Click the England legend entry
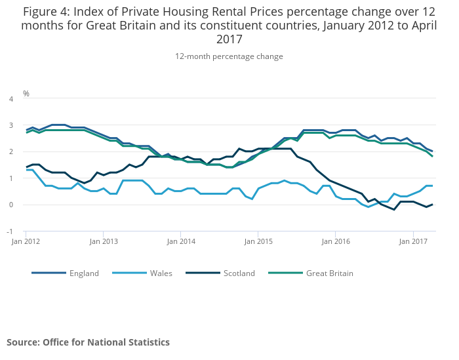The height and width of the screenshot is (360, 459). click(x=84, y=273)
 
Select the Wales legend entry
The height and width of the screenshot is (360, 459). click(x=160, y=273)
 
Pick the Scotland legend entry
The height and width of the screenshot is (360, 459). click(x=239, y=273)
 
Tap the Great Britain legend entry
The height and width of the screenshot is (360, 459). click(x=329, y=273)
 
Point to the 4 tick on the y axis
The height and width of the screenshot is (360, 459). click(x=11, y=99)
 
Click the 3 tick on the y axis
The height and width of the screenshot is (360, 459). click(x=11, y=125)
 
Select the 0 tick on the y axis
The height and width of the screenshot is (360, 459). click(x=11, y=205)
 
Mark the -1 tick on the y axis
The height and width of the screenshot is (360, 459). click(x=10, y=231)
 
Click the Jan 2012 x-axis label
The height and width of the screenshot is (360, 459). click(x=26, y=241)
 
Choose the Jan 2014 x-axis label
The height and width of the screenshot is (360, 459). click(x=181, y=241)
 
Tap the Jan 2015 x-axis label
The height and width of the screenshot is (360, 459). click(x=258, y=241)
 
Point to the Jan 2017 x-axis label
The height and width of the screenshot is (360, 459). click(x=413, y=241)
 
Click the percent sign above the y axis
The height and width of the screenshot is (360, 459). click(x=26, y=94)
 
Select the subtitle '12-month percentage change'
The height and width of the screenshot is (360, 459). click(x=229, y=56)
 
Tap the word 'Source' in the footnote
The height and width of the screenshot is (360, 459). click(x=22, y=342)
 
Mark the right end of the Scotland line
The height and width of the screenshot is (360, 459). click(x=432, y=205)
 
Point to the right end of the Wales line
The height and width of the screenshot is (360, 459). click(x=432, y=186)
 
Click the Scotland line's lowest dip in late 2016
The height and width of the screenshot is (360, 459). click(x=394, y=210)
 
